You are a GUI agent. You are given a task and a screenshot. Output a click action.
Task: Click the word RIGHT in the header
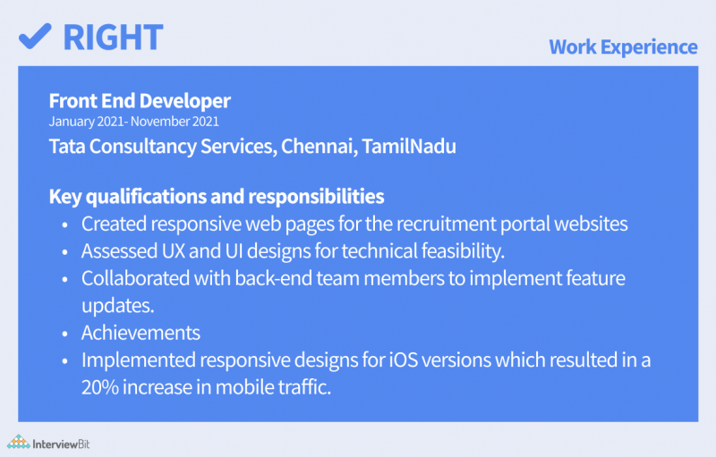pos(113,36)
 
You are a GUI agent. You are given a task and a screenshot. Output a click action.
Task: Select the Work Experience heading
pos(623,47)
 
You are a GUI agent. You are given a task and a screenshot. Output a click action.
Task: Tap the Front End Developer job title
pos(140,101)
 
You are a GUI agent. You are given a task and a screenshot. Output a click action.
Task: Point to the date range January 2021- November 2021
pos(134,122)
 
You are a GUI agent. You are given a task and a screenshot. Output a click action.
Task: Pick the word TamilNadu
pos(409,146)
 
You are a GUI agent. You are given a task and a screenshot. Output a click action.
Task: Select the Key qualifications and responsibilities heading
pos(217,195)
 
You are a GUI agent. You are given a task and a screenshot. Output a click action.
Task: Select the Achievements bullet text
pos(141,333)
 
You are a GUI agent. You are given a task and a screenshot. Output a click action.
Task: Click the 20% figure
pos(100,388)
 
